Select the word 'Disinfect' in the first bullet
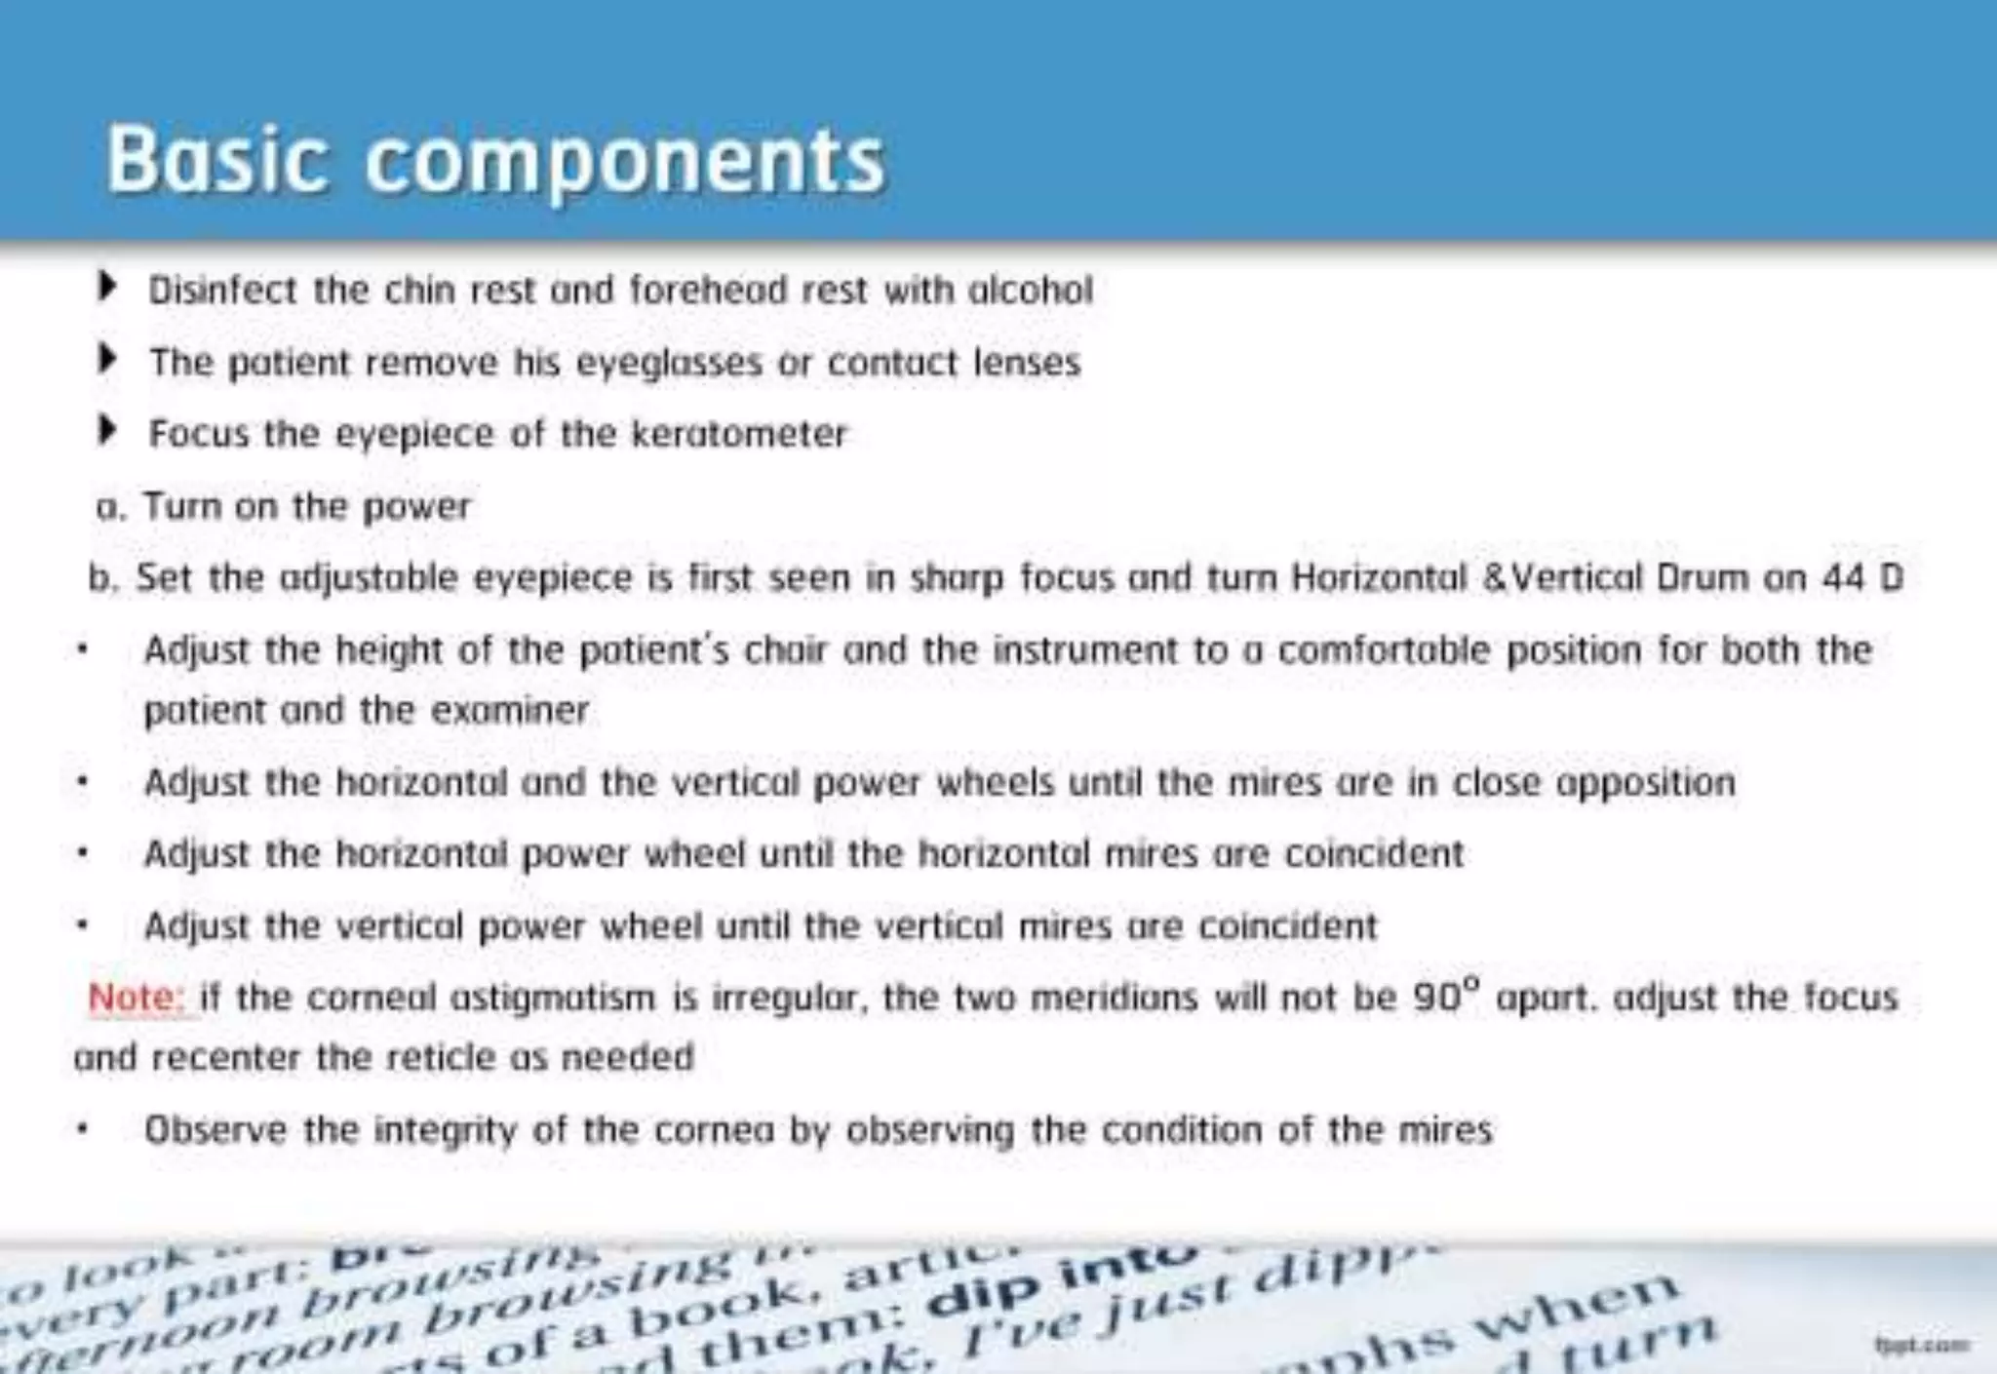click(221, 290)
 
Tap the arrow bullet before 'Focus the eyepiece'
click(107, 430)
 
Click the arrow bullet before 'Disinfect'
click(107, 287)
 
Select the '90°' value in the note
click(1446, 996)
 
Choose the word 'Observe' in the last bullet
click(215, 1130)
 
